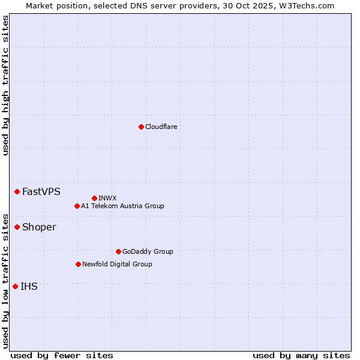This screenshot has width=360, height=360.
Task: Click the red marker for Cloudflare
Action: pyautogui.click(x=141, y=127)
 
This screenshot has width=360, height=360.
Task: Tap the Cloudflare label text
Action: pyautogui.click(x=161, y=127)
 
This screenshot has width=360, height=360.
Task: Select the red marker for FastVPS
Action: pyautogui.click(x=17, y=191)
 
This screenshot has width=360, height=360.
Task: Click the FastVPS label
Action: pyautogui.click(x=41, y=192)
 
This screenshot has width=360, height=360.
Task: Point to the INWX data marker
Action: pyautogui.click(x=94, y=198)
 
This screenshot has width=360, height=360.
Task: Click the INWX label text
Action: pyautogui.click(x=107, y=198)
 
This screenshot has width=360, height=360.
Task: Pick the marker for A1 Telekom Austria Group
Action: pyautogui.click(x=77, y=206)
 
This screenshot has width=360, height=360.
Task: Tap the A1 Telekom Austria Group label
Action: pyautogui.click(x=122, y=206)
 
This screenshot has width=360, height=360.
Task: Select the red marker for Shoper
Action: pyautogui.click(x=17, y=227)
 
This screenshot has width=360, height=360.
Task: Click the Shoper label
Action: pyautogui.click(x=39, y=227)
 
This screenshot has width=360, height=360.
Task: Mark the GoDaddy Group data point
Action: pyautogui.click(x=118, y=251)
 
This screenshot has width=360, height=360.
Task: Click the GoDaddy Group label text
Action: pyautogui.click(x=147, y=251)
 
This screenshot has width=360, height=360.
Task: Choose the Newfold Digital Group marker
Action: pyautogui.click(x=78, y=264)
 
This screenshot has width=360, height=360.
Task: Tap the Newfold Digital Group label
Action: pyautogui.click(x=117, y=264)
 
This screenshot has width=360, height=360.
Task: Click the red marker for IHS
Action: pyautogui.click(x=15, y=286)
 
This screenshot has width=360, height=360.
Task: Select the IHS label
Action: pyautogui.click(x=29, y=287)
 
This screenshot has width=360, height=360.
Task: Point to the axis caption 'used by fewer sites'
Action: pyautogui.click(x=62, y=355)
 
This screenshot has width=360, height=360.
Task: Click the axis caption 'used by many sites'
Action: pyautogui.click(x=301, y=355)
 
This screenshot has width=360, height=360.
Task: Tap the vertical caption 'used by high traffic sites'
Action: pyautogui.click(x=5, y=85)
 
